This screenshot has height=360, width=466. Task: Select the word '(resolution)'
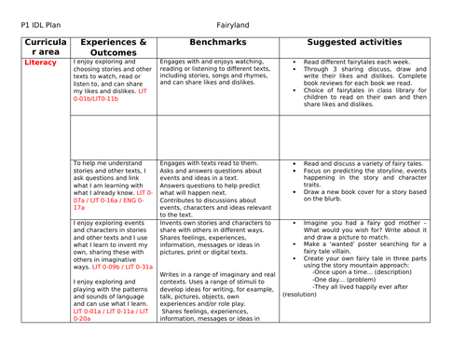tap(299, 294)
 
